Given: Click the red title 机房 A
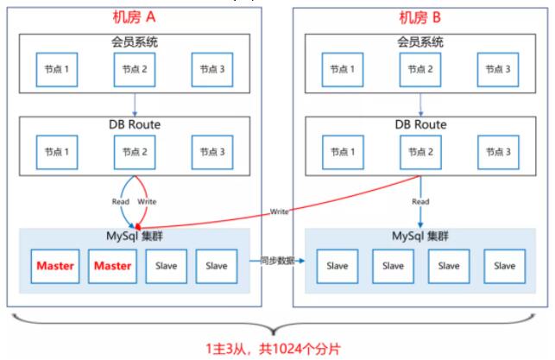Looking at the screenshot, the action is pyautogui.click(x=134, y=17).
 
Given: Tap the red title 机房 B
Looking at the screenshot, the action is pyautogui.click(x=420, y=17).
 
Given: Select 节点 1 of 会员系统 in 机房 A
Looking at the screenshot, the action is pyautogui.click(x=57, y=69).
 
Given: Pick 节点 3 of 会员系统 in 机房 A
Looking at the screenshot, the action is pyautogui.click(x=212, y=69).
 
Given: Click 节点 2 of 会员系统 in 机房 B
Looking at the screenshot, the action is pyautogui.click(x=420, y=69).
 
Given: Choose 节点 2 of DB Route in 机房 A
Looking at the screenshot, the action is pyautogui.click(x=135, y=152).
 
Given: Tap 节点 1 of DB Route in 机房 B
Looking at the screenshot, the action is pyautogui.click(x=343, y=152).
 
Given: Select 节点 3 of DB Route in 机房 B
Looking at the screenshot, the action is pyautogui.click(x=498, y=152).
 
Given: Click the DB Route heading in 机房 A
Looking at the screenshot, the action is pyautogui.click(x=135, y=124).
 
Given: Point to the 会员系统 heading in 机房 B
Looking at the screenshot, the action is pyautogui.click(x=420, y=42).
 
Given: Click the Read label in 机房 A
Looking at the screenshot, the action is pyautogui.click(x=121, y=201).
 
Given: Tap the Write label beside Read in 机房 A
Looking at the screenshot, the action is pyautogui.click(x=147, y=201).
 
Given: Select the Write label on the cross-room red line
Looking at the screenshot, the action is pyautogui.click(x=280, y=212).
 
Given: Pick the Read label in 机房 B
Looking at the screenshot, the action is pyautogui.click(x=420, y=201).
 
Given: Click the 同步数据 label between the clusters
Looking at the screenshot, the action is pyautogui.click(x=278, y=261).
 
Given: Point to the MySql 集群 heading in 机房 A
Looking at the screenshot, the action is pyautogui.click(x=135, y=236).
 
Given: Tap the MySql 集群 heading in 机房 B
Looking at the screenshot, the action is pyautogui.click(x=420, y=236).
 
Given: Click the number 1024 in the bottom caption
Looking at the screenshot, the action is pyautogui.click(x=290, y=349).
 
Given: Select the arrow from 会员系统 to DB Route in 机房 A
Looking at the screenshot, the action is pyautogui.click(x=135, y=104).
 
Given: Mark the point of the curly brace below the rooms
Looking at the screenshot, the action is pyautogui.click(x=274, y=333).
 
